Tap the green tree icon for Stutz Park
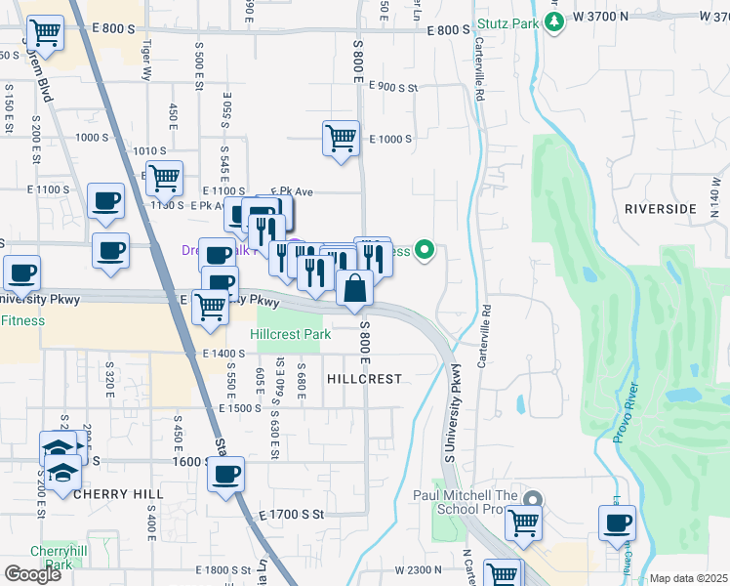[x=554, y=20]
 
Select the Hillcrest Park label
[x=290, y=334]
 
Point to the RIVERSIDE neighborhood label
[x=661, y=209]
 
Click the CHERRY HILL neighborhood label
[x=110, y=494]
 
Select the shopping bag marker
[x=354, y=288]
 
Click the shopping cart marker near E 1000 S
[x=341, y=138]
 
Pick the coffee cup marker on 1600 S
[x=226, y=475]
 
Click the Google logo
[x=32, y=574]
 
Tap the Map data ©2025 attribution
[x=688, y=578]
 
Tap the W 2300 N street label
[x=421, y=569]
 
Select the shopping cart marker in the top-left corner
[x=45, y=33]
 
